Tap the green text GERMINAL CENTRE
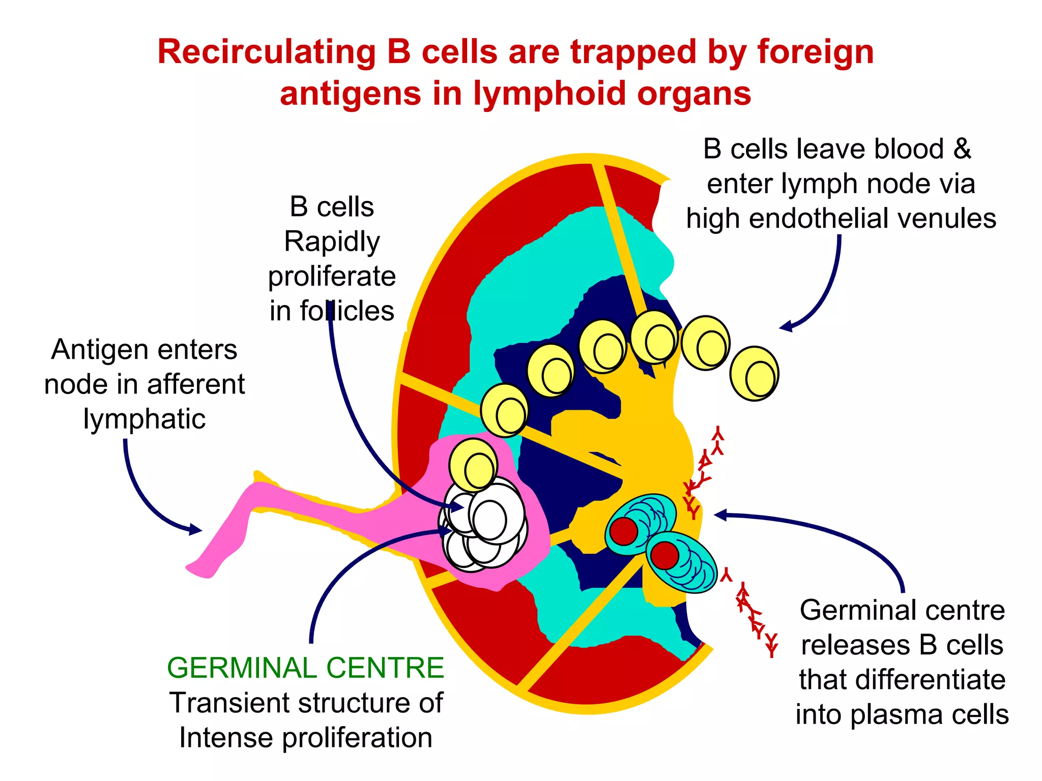coord(305,668)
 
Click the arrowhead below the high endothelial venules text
coord(786,326)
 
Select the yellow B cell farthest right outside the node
coord(754,374)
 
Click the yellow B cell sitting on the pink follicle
coord(473,465)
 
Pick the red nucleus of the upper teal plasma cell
coord(624,531)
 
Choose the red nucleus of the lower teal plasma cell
coord(664,555)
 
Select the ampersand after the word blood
coord(962,149)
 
